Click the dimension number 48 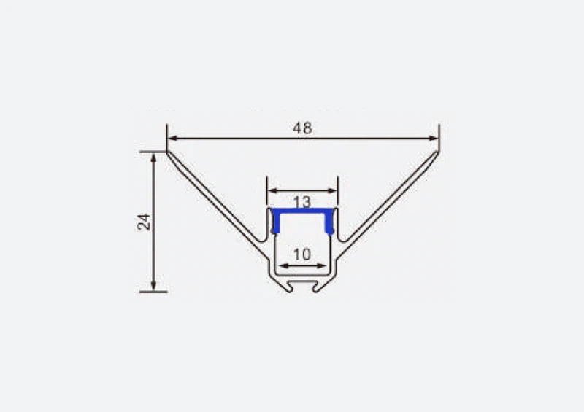pyautogui.click(x=302, y=128)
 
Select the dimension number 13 pyautogui.click(x=302, y=201)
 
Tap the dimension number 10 pyautogui.click(x=301, y=254)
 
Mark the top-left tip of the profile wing pyautogui.click(x=168, y=152)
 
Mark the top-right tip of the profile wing pyautogui.click(x=438, y=152)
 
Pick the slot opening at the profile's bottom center pyautogui.click(x=303, y=286)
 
